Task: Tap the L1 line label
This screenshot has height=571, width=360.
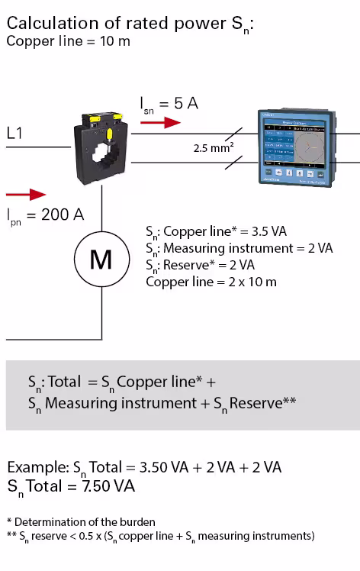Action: (x=15, y=133)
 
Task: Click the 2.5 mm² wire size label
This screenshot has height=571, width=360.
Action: (x=213, y=148)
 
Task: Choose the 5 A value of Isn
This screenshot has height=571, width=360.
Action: (x=186, y=103)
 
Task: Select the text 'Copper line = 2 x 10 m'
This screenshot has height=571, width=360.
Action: (x=211, y=282)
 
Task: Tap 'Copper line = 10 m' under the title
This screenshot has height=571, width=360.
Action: (x=68, y=40)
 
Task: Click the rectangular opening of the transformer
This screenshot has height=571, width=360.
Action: (x=105, y=163)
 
